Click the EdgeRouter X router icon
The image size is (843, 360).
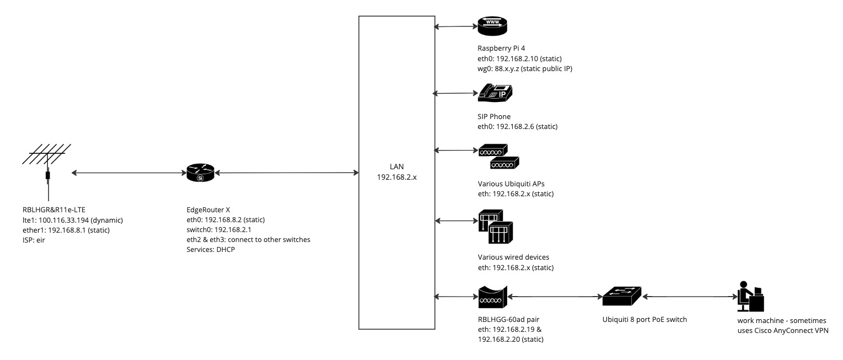coord(200,174)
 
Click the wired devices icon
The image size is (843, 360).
coord(495,227)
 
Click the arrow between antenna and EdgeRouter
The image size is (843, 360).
coord(128,173)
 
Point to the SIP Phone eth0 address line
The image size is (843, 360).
coord(518,127)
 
